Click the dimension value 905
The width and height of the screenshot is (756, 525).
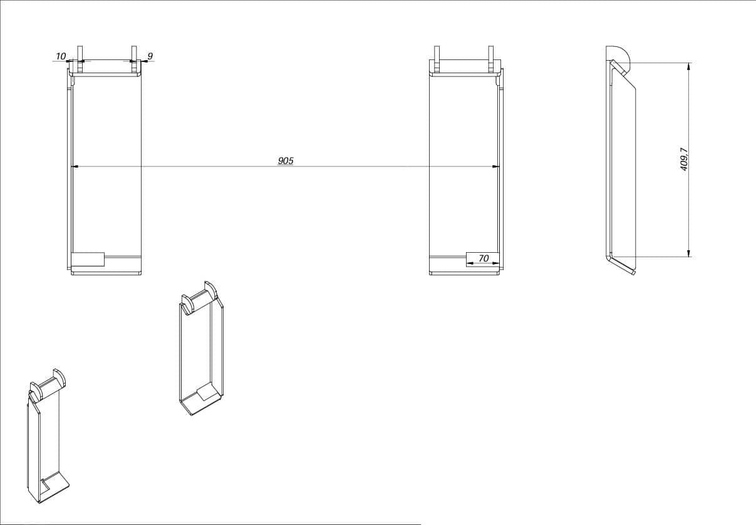(x=286, y=161)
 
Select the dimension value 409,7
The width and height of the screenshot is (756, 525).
(x=684, y=159)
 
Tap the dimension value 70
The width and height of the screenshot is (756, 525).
(x=484, y=258)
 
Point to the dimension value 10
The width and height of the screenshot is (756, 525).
(x=61, y=56)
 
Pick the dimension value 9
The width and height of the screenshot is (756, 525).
(x=150, y=56)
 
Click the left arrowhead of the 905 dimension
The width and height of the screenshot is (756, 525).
(x=75, y=166)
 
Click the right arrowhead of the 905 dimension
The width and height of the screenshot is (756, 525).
(x=495, y=166)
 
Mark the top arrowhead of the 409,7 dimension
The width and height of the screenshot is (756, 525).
(x=688, y=66)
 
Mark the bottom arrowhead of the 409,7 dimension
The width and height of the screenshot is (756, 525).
(x=688, y=253)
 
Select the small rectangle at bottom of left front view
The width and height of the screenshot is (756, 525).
(x=88, y=259)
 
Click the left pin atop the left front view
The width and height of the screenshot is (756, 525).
(x=80, y=59)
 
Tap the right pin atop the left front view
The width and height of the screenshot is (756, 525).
(x=134, y=59)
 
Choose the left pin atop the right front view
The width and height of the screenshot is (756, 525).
(x=437, y=59)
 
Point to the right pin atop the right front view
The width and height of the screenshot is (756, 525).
(x=490, y=59)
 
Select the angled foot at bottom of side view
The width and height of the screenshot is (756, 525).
(x=623, y=266)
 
